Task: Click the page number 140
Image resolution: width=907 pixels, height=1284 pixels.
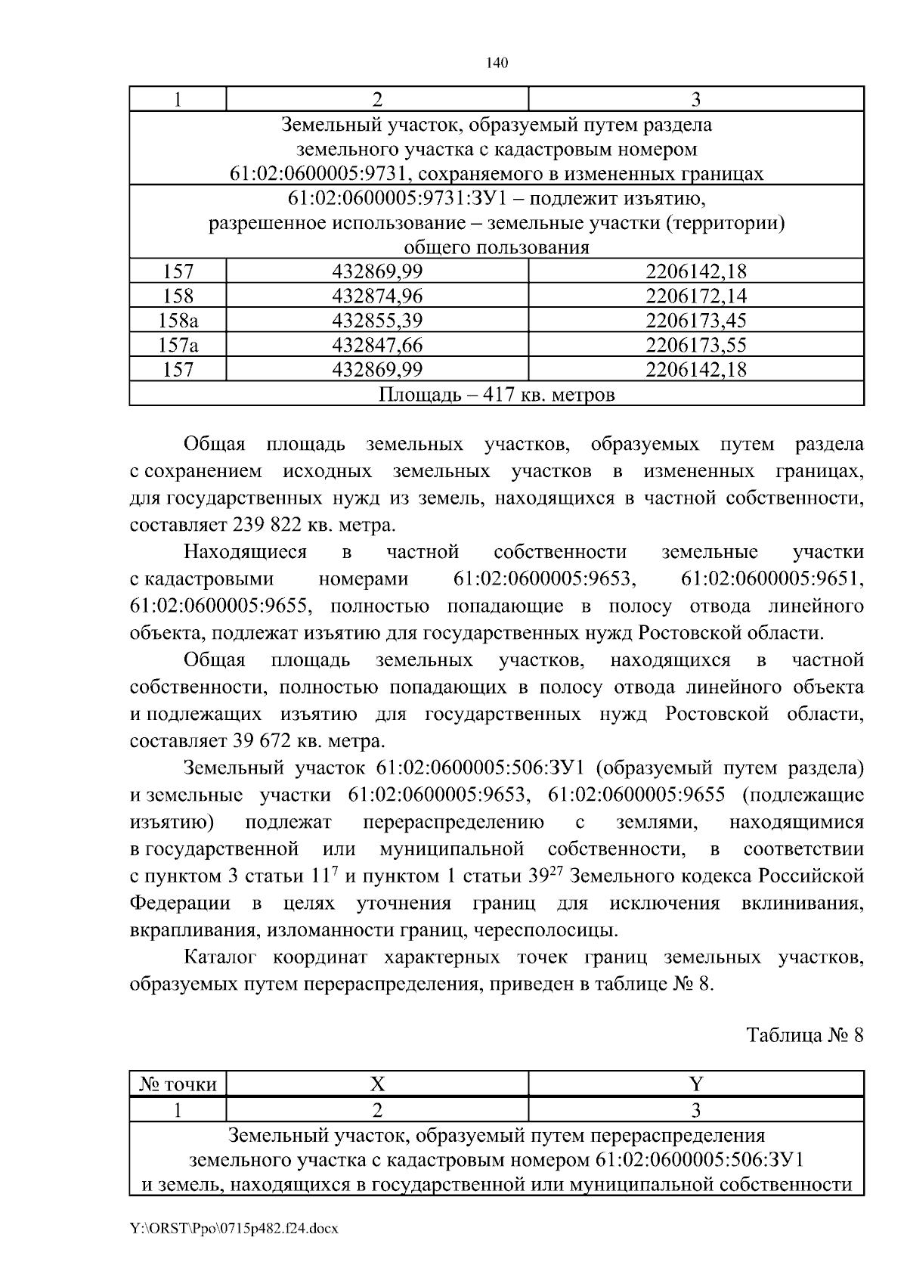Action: (497, 63)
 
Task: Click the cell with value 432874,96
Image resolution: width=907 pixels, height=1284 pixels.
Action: (377, 296)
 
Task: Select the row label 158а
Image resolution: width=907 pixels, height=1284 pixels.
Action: (178, 321)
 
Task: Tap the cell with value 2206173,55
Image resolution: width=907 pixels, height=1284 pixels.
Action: (695, 346)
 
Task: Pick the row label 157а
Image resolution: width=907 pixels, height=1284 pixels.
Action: (178, 346)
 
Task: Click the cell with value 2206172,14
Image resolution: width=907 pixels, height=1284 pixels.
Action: (695, 296)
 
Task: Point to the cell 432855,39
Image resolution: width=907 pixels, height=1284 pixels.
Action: (377, 321)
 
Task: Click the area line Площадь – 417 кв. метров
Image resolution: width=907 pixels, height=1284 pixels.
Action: (497, 395)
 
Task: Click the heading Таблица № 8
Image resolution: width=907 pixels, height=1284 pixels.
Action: (804, 1034)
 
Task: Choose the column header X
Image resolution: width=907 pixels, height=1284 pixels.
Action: (377, 1084)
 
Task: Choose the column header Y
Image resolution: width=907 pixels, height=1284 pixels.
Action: (695, 1084)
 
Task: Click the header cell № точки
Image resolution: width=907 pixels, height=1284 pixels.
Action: (178, 1085)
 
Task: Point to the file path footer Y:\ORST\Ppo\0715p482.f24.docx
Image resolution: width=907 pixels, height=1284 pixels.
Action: (234, 1229)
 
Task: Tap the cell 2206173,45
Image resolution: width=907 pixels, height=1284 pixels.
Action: (695, 321)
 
